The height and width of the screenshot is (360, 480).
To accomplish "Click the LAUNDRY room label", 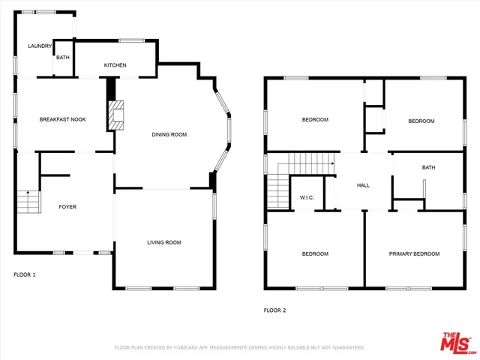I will tap(40, 46).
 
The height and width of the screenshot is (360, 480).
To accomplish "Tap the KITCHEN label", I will tap(115, 65).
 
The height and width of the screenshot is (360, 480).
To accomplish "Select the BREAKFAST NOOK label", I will tap(62, 119).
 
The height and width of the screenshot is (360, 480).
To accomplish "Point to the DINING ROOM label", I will tap(169, 134).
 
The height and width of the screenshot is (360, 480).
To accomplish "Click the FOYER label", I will tap(67, 206).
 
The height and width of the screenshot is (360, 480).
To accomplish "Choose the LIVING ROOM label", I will tap(163, 242).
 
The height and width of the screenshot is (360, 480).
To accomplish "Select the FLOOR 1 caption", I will tap(25, 274).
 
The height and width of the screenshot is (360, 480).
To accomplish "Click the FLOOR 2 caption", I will tap(274, 310).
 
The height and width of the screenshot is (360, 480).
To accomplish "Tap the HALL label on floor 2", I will tap(363, 185).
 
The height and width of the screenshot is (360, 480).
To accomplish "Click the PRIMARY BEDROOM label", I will tap(414, 253).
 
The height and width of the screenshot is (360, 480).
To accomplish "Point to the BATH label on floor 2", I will tap(428, 167).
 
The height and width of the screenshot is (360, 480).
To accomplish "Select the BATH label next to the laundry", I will tap(62, 57).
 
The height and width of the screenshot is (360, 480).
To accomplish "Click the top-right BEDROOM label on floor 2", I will tap(421, 121).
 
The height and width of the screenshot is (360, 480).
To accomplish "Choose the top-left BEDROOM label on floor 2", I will tap(315, 119).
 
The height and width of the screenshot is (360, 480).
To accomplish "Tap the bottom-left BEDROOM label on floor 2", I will tap(315, 253).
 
